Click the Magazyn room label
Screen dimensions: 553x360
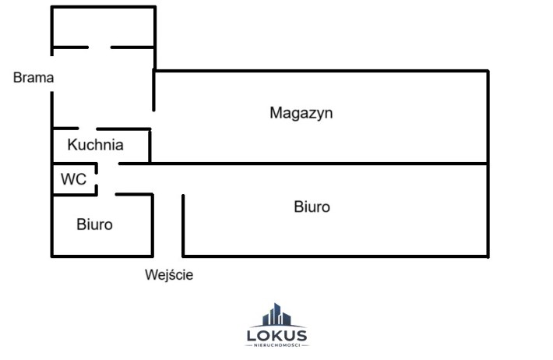pos(301,113)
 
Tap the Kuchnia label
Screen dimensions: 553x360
pos(95,145)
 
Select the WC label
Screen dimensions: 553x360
pos(73,179)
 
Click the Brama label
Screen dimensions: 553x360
pos(33,77)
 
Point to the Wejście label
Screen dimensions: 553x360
pos(169,274)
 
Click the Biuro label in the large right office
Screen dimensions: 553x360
pos(312,206)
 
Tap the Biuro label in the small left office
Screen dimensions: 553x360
pos(94,224)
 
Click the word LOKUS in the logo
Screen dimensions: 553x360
pos(276,335)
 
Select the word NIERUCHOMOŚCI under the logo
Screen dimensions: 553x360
pos(276,345)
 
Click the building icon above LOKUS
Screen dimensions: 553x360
pos(276,315)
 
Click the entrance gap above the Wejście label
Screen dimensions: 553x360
pos(168,256)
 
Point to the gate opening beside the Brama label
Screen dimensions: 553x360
pos(52,73)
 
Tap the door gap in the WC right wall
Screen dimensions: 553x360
pos(97,179)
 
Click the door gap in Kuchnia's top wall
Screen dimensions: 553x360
pos(87,129)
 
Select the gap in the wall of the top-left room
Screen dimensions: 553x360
pos(100,47)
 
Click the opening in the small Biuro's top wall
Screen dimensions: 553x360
pos(107,194)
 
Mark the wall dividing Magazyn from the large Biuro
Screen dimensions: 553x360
pos(303,164)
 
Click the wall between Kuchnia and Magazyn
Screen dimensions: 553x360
pos(150,146)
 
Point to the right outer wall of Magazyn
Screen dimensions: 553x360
pos(488,117)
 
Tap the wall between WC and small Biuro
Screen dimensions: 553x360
pos(75,195)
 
